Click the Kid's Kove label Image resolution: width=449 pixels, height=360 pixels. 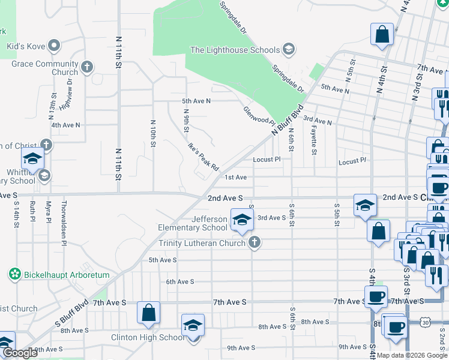pyautogui.click(x=25, y=46)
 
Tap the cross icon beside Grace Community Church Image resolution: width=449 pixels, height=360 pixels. pyautogui.click(x=88, y=67)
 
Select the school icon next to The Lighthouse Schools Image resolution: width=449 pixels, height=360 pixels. pyautogui.click(x=288, y=50)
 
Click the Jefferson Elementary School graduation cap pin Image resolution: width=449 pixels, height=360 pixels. pyautogui.click(x=241, y=220)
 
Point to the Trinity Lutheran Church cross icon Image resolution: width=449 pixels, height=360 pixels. pyautogui.click(x=255, y=242)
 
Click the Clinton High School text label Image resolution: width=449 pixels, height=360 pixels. pyautogui.click(x=148, y=337)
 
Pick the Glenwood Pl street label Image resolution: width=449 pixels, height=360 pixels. pyautogui.click(x=259, y=116)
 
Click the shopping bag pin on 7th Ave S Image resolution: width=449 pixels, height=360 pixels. pyautogui.click(x=148, y=313)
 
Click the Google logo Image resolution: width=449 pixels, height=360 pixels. pyautogui.click(x=20, y=353)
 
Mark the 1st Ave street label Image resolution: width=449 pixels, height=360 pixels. pyautogui.click(x=236, y=178)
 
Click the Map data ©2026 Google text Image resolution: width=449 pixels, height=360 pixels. pyautogui.click(x=408, y=355)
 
